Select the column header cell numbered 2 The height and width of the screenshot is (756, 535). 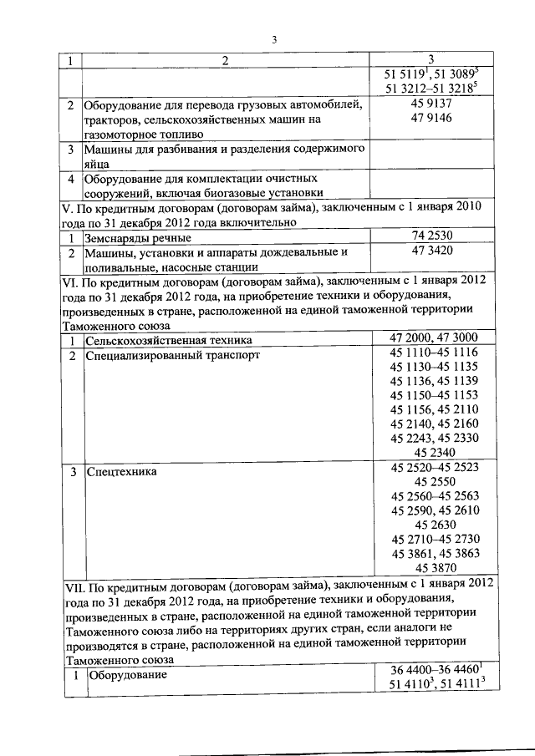[x=225, y=60]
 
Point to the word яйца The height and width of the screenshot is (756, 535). [x=97, y=165]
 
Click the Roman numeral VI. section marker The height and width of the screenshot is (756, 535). [x=70, y=282]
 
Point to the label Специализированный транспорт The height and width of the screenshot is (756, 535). [x=172, y=355]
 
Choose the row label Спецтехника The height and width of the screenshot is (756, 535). [x=122, y=472]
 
